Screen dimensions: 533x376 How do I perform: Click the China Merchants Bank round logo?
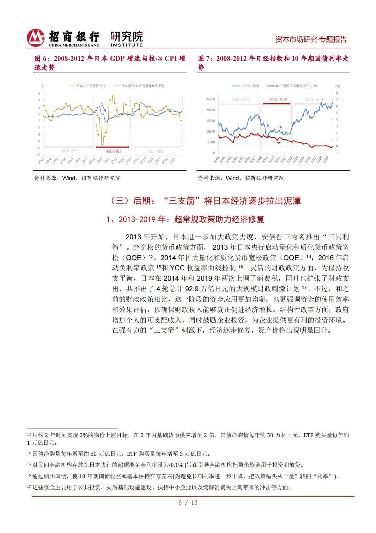tap(35, 38)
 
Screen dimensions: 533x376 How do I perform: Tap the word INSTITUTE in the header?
tap(126, 45)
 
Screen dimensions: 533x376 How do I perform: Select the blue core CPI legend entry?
tap(139, 86)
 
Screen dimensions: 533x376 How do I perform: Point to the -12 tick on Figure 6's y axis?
tap(38, 155)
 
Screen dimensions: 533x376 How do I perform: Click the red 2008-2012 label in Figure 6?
tap(113, 151)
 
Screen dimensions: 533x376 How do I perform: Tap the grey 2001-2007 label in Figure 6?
tap(69, 151)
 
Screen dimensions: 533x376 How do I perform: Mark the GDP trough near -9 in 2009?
tap(102, 144)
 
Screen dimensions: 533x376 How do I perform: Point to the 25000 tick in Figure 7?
tap(210, 99)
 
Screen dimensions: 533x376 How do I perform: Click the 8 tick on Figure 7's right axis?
tap(337, 93)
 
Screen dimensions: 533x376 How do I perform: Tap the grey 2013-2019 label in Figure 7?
tap(314, 99)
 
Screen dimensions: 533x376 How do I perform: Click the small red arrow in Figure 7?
tap(277, 142)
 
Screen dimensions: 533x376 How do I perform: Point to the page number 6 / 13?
tap(188, 503)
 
